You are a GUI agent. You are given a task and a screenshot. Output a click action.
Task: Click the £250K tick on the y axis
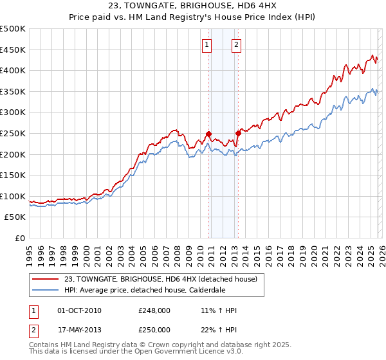point(14,133)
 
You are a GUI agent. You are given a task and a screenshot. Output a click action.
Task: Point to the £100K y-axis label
point(14,196)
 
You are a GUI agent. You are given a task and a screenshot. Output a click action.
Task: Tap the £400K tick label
point(14,71)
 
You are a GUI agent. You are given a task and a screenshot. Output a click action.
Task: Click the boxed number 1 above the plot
point(207,44)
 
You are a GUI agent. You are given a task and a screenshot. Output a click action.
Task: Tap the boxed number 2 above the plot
point(236,44)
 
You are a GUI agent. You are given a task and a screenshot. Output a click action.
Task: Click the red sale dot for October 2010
point(208,134)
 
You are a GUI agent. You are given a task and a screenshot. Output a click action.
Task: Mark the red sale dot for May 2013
point(238,133)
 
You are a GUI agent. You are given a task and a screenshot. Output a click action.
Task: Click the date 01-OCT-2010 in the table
point(80,310)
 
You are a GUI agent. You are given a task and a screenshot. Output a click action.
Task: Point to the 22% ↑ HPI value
point(219,329)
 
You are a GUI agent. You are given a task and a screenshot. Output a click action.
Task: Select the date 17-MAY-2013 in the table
point(80,329)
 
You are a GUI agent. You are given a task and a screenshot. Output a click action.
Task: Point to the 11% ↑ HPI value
point(219,310)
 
